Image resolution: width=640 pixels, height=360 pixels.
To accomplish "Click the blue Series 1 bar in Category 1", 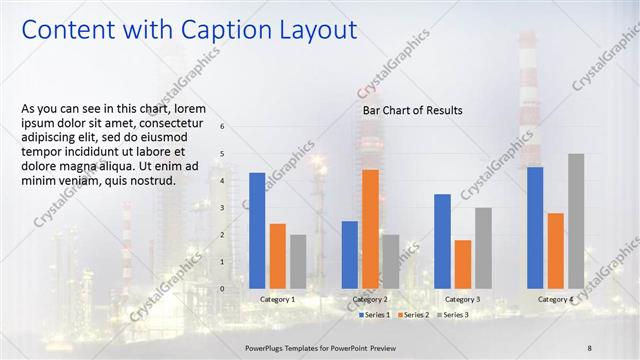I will click(257, 231).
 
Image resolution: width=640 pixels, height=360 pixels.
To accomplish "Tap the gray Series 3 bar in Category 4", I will click(576, 221).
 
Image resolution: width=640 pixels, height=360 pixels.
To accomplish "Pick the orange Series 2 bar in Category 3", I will click(462, 264).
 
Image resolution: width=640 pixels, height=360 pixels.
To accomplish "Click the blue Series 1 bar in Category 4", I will click(535, 228).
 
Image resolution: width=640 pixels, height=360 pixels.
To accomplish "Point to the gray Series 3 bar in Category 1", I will click(298, 262).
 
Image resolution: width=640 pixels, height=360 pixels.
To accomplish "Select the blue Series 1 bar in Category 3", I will click(442, 241).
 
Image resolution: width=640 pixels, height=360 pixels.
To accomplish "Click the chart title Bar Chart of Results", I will click(412, 110).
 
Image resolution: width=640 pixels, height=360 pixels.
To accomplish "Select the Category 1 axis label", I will click(277, 299).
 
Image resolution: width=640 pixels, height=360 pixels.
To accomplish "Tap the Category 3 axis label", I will click(462, 299).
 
